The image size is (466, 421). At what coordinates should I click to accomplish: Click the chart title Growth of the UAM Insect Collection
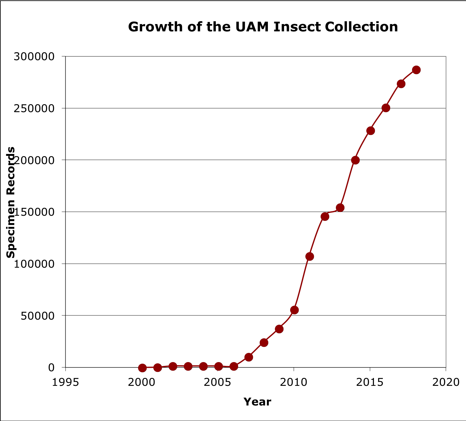pyautogui.click(x=263, y=27)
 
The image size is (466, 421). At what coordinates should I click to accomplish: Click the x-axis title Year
pyautogui.click(x=257, y=402)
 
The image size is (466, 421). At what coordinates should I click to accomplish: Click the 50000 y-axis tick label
pyautogui.click(x=37, y=316)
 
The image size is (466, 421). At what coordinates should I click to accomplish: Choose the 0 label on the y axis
pyautogui.click(x=51, y=367)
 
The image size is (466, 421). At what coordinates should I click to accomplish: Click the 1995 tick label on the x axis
pyautogui.click(x=65, y=382)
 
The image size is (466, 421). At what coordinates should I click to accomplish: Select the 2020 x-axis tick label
pyautogui.click(x=446, y=382)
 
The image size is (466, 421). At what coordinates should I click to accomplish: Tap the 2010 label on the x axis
pyautogui.click(x=294, y=382)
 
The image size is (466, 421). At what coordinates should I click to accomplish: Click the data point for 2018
pyautogui.click(x=416, y=70)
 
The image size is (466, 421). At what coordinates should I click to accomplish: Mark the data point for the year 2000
pyautogui.click(x=142, y=368)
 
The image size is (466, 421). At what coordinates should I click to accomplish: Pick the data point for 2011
pyautogui.click(x=310, y=256)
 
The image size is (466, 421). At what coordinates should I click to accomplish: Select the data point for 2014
pyautogui.click(x=355, y=160)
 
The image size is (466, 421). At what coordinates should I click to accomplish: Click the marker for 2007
pyautogui.click(x=249, y=357)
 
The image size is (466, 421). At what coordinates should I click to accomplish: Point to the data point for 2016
pyautogui.click(x=386, y=108)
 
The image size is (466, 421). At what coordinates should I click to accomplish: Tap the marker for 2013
pyautogui.click(x=340, y=207)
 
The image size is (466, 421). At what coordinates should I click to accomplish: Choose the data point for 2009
pyautogui.click(x=279, y=329)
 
